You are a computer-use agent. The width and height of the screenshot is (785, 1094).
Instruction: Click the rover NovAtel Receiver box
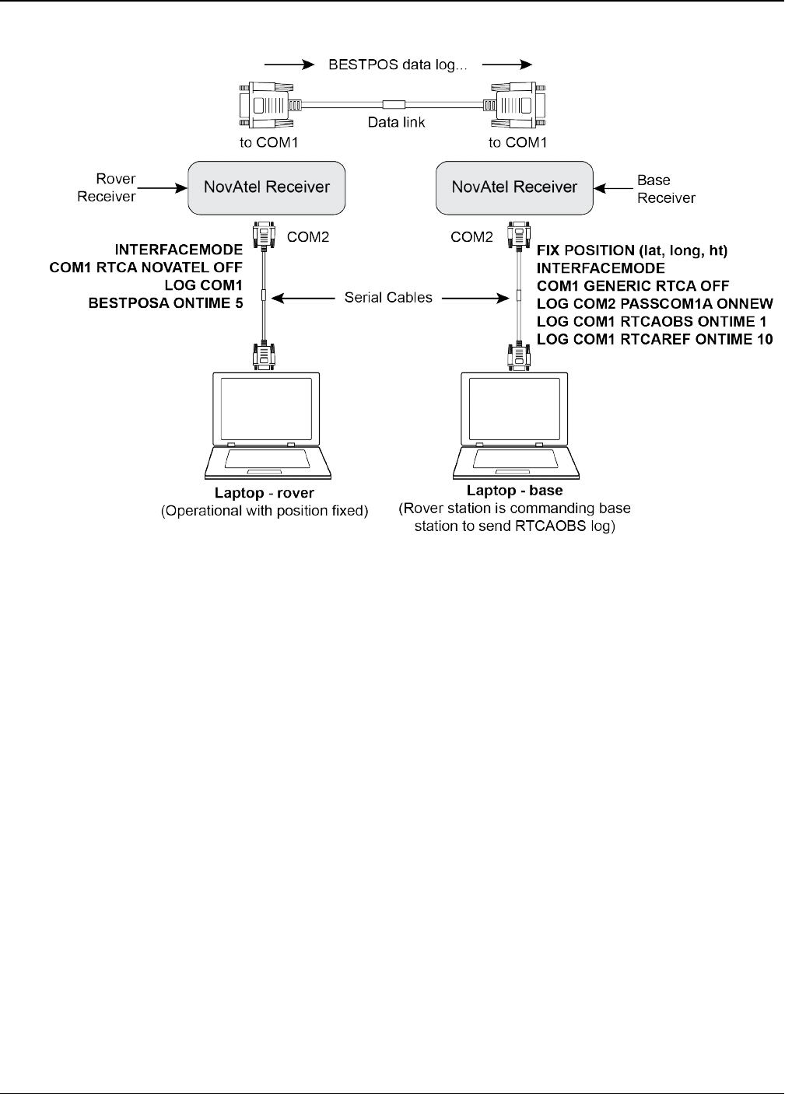(266, 187)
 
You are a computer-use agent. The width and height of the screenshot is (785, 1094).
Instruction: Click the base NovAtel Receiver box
(513, 187)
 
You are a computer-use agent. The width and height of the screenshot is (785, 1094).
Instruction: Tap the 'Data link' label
(396, 122)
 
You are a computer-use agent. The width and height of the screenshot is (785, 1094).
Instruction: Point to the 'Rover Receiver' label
(107, 187)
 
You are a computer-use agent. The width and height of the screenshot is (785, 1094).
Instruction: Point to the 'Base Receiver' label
(666, 189)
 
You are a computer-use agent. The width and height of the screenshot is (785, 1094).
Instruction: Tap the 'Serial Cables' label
(388, 297)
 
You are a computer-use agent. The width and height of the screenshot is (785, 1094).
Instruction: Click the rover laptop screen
(268, 408)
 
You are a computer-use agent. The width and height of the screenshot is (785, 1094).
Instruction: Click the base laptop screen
(514, 408)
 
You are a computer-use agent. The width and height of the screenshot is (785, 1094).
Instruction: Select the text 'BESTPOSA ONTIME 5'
(166, 303)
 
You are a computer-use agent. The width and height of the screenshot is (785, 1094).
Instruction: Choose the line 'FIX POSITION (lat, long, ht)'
(632, 250)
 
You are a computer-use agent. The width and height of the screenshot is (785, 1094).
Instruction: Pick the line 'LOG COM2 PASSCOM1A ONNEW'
(654, 303)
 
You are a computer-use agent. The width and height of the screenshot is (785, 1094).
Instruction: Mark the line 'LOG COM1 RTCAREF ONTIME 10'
(654, 339)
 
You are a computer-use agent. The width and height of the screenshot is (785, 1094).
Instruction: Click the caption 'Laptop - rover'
(265, 493)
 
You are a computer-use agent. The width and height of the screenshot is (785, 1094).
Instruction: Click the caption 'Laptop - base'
(514, 491)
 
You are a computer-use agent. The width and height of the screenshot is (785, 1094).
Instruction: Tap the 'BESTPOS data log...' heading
(397, 65)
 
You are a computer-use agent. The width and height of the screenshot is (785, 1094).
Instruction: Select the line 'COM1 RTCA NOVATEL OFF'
(146, 267)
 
